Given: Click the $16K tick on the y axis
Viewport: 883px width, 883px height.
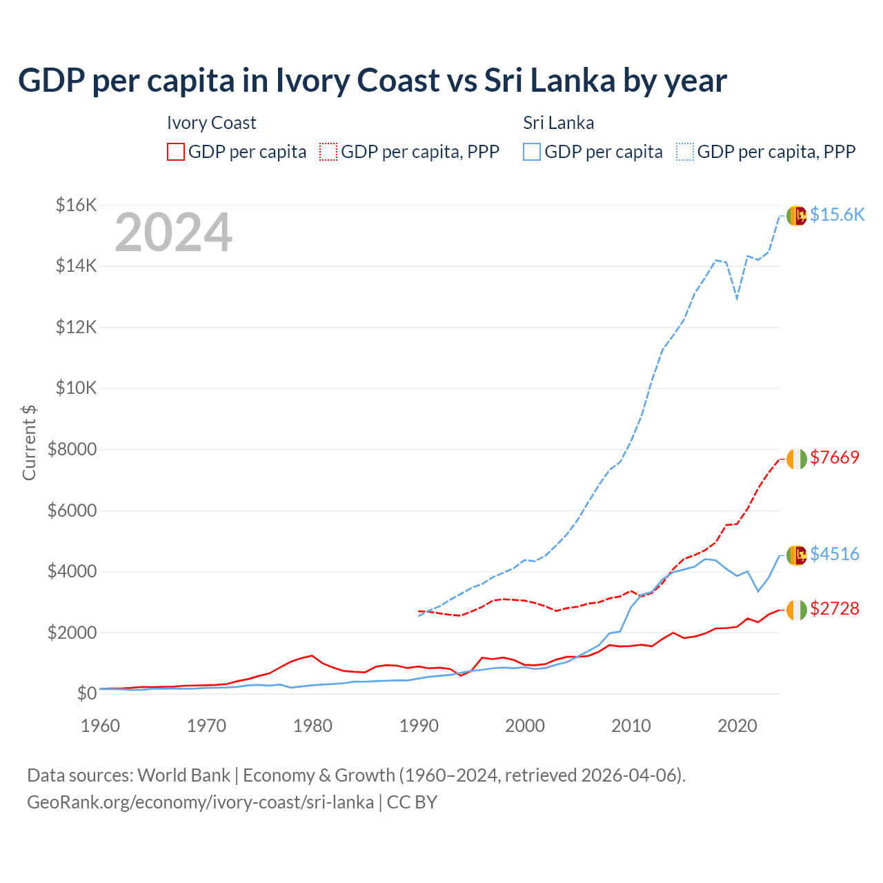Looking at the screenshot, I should coord(77,205).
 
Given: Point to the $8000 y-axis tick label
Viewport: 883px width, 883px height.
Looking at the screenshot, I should coord(72,450).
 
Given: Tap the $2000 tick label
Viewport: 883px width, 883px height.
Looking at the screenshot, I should coord(72,633).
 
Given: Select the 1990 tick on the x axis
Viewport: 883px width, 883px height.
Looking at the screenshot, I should coord(419,726).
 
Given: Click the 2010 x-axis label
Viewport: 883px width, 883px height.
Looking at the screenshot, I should coord(631,726).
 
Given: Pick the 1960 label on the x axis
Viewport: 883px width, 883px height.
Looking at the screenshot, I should coord(101,726).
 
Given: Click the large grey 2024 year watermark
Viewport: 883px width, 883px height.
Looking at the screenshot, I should coord(173,233).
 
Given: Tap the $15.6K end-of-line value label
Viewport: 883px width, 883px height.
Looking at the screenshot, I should coord(837,215).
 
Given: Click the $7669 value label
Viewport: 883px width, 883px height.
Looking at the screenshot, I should coord(835,457).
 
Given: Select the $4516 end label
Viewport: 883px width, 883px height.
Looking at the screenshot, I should coord(835,554).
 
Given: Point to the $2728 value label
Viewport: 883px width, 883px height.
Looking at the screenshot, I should coord(835,608).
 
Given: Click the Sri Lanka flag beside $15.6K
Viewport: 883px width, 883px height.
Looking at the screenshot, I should coord(797,215).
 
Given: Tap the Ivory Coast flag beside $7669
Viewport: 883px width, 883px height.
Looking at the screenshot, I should coord(797,458).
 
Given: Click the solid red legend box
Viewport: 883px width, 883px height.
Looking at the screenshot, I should coord(176,152).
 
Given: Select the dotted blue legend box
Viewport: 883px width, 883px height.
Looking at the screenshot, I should coord(685,152).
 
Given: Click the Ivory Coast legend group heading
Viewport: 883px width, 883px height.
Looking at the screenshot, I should coord(211,123).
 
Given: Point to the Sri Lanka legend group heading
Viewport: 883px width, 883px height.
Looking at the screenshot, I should coord(558,123).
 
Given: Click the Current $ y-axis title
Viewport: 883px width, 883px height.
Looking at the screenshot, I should coord(29,442).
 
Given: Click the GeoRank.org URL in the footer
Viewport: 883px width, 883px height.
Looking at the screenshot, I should coord(200,802).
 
